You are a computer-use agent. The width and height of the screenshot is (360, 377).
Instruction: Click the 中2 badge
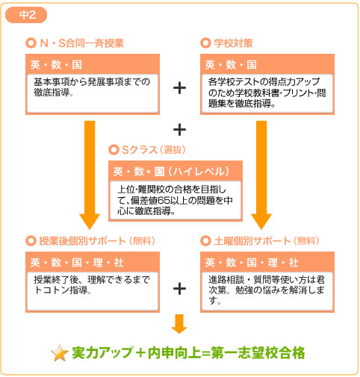pos(26,15)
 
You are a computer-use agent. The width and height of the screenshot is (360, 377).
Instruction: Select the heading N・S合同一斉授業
pos(82,43)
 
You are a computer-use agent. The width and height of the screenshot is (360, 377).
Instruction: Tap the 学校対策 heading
pos(233,43)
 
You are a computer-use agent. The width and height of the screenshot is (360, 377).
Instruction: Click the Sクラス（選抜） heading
pos(154,150)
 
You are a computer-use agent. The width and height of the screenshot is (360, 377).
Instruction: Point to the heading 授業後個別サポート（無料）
pos(97,241)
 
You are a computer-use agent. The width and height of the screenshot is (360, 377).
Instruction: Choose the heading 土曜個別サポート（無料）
pos(267,241)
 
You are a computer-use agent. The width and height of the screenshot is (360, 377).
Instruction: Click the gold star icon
pos(60,353)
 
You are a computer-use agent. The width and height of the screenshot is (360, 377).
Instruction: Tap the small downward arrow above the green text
pos(179,324)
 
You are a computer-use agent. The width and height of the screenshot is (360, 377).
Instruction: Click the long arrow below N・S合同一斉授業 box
pos(90,175)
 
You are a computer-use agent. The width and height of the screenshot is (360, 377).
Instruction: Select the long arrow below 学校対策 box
pos(261,175)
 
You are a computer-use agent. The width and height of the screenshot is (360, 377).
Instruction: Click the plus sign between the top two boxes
pos(179,88)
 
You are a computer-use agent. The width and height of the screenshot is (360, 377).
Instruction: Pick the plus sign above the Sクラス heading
pos(179,130)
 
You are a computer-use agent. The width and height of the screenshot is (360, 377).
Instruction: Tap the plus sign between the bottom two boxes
pos(179,289)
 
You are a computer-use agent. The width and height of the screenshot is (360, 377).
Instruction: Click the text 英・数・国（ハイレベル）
pos(171,172)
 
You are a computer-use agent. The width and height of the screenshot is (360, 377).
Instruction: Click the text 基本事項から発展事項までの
pos(92,81)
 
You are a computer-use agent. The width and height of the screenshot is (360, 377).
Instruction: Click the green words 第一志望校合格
pos(258,353)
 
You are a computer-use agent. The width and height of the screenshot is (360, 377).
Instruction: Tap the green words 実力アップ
pos(102,353)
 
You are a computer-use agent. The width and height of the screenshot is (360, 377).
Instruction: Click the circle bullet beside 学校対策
pos(205,43)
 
